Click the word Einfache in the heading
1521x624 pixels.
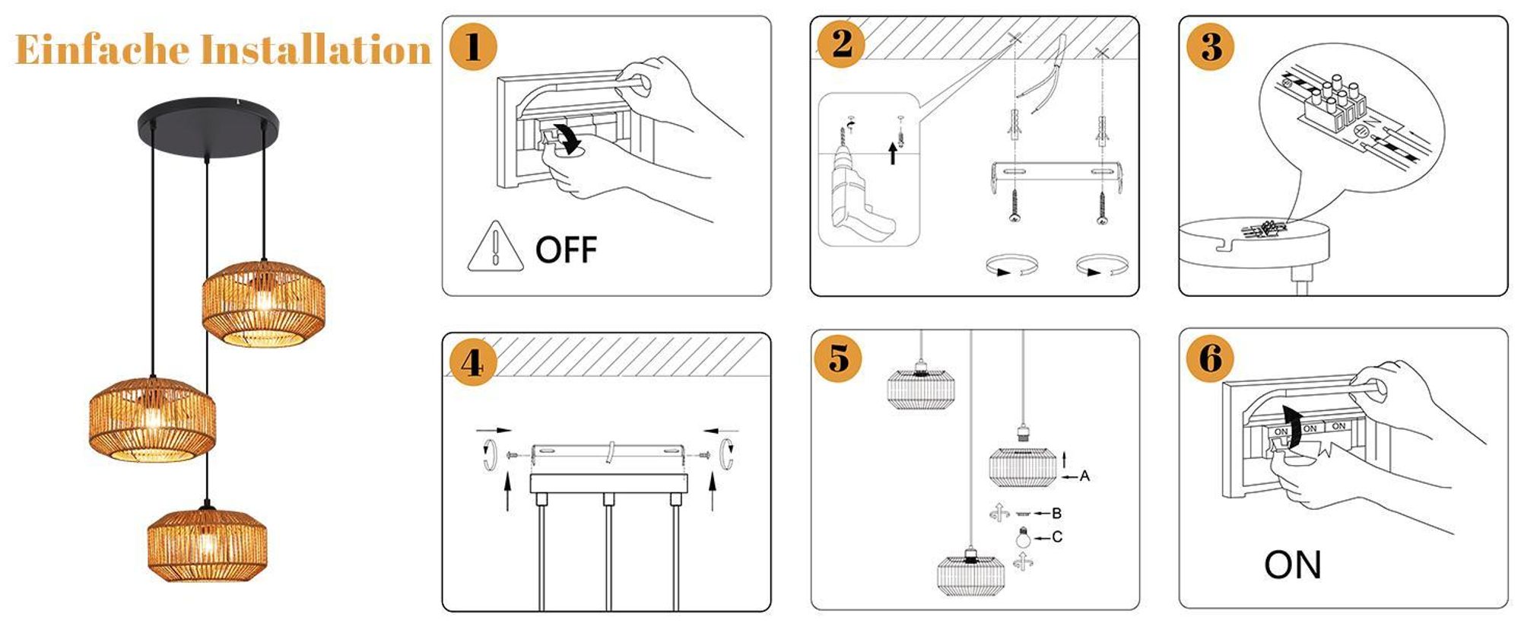(x=102, y=49)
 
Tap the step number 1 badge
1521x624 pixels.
(x=473, y=47)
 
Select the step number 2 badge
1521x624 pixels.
(x=841, y=44)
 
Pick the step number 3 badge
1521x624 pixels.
(x=1211, y=47)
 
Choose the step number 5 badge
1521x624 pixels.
(x=839, y=358)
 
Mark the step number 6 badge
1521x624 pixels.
(x=1211, y=358)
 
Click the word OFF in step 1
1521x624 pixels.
(x=567, y=250)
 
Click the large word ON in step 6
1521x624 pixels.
(x=1293, y=565)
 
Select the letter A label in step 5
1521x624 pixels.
(x=1084, y=476)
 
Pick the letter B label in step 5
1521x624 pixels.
(x=1056, y=514)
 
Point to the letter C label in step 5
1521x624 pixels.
(x=1057, y=537)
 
